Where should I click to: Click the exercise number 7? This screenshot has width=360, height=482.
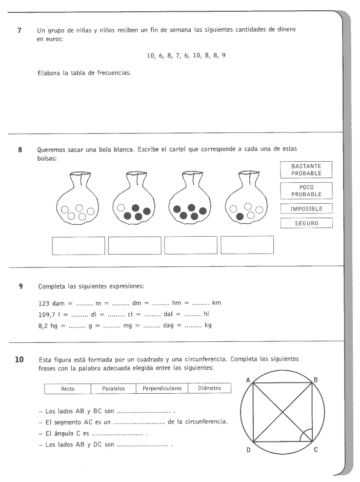click(x=19, y=30)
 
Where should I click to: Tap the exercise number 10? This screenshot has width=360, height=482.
click(x=19, y=359)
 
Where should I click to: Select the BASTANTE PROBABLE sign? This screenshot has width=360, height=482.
click(x=306, y=169)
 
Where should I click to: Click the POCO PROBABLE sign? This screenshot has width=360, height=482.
click(x=306, y=191)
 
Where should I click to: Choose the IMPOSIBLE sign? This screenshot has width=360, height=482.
click(x=306, y=209)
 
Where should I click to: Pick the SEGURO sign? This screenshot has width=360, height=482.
click(x=306, y=223)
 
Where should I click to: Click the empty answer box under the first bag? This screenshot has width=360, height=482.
click(x=78, y=245)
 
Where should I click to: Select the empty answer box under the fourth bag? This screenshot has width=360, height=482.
click(x=247, y=245)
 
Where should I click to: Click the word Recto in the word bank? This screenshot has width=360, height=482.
click(x=68, y=389)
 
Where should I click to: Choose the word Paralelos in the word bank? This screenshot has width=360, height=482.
click(x=113, y=389)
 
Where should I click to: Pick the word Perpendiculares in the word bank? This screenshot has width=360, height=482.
click(x=162, y=389)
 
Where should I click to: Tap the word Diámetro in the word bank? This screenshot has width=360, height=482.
click(x=209, y=389)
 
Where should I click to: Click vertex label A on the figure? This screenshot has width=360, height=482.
click(x=248, y=380)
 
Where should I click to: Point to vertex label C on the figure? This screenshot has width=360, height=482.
click(x=316, y=450)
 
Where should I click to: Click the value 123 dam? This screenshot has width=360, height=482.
click(x=51, y=303)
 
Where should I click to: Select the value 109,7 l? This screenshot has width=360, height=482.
click(x=50, y=314)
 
